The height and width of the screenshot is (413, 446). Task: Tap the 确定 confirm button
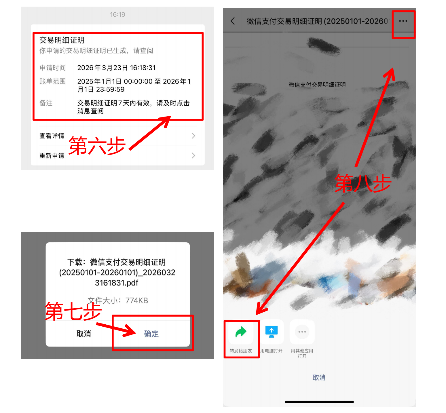pos(151,334)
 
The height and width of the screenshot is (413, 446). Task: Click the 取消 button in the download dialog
pos(83,334)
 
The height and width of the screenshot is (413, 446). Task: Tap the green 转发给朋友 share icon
pos(241,332)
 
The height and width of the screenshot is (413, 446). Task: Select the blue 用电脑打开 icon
pos(272,332)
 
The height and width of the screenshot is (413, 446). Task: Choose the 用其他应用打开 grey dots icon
pos(302,332)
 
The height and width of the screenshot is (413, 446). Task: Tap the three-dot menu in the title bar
pos(403,21)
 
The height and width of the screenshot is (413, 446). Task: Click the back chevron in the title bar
pos(233,21)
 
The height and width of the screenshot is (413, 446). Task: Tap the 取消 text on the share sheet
pos(319,378)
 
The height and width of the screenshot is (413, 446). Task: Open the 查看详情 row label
pos(52,136)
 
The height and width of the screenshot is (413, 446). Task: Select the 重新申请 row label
pos(52,156)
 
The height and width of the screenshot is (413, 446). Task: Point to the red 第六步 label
pos(97,146)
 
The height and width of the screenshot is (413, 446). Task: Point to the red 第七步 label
pos(73,311)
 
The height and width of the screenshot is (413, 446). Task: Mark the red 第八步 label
pos(363,183)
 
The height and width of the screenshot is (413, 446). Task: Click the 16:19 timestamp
pos(117,14)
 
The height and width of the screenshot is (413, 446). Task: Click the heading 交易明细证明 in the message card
pos(62,40)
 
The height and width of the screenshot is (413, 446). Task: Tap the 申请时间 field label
pos(53,68)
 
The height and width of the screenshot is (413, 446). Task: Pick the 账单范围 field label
pos(53,81)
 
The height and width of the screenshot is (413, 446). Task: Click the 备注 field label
pos(46,103)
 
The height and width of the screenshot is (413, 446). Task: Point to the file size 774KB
pos(136,300)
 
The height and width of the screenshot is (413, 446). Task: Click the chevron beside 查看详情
pos(193,136)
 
